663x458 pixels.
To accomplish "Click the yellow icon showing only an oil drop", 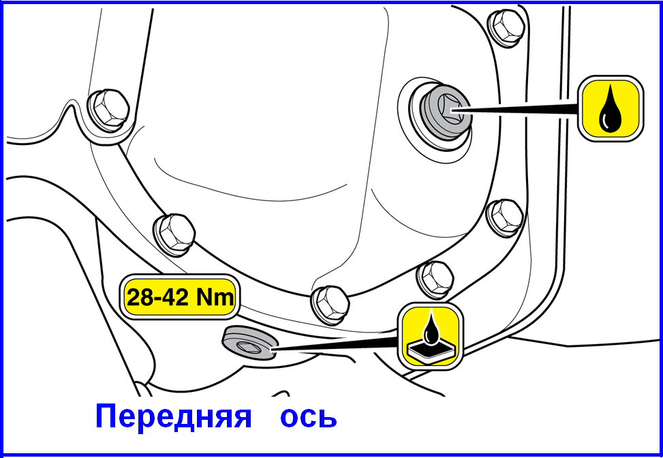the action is pos(611,108).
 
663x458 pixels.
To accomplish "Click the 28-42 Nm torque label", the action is pos(180,298).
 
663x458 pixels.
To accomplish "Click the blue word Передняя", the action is pos(173,416).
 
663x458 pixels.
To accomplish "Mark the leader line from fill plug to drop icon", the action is pos(515,109).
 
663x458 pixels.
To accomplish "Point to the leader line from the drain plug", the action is pos(335,343).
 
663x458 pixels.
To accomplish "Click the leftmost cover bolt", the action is pos(108,110).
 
